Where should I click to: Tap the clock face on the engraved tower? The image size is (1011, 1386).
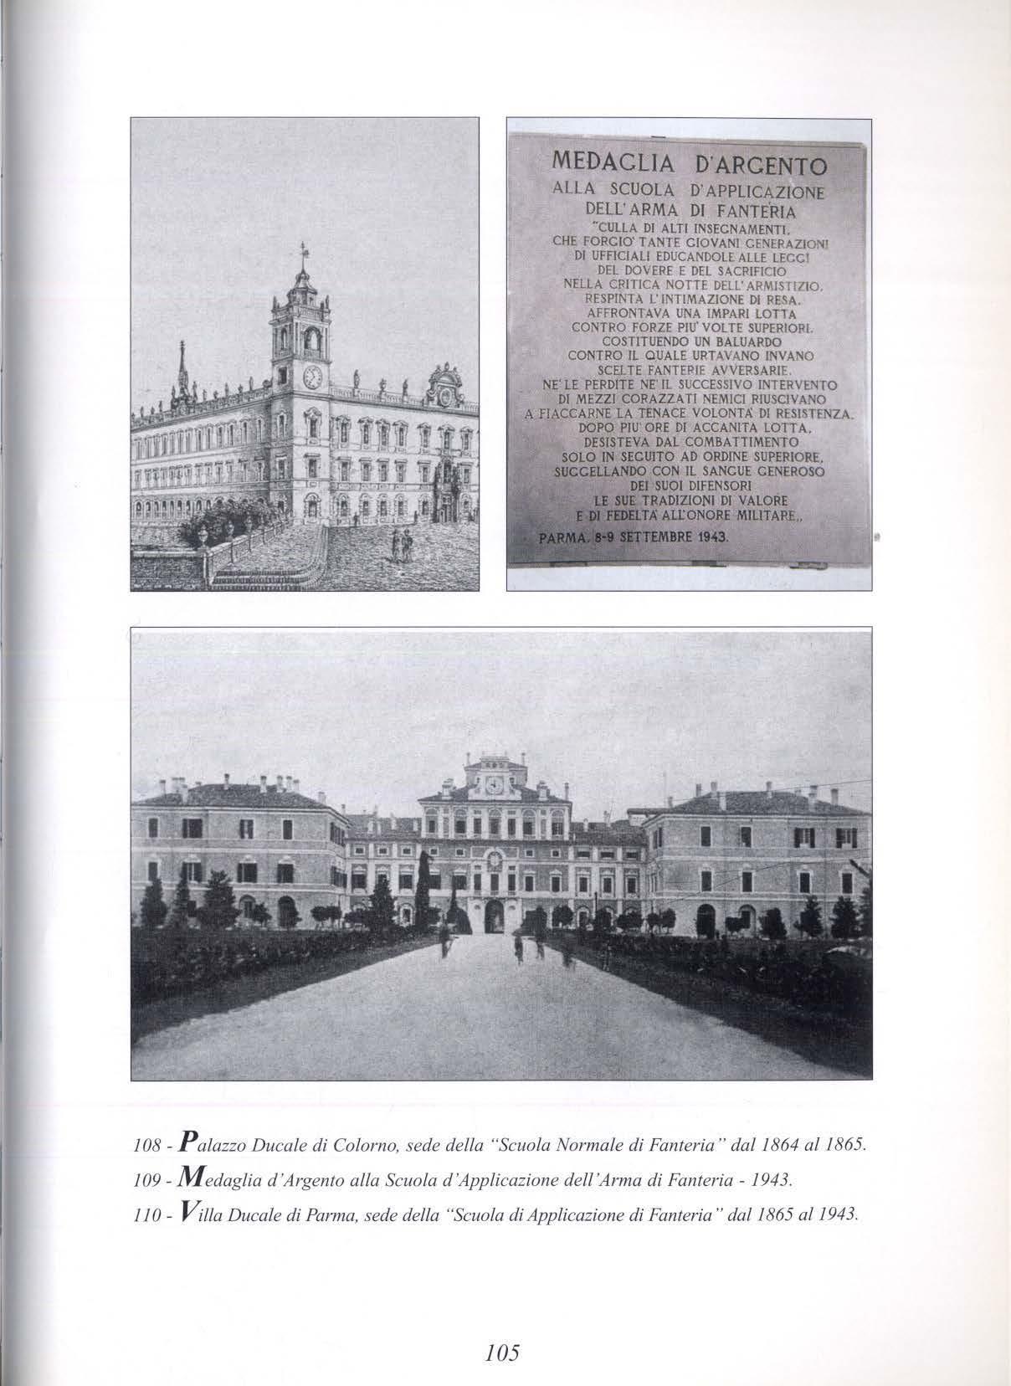[313, 377]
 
